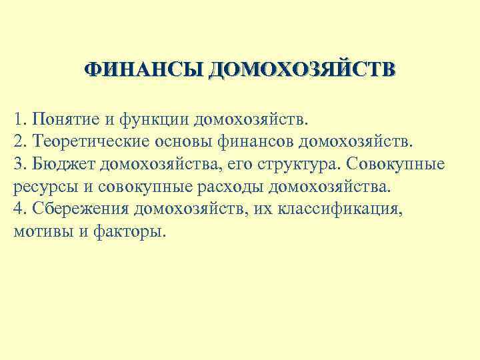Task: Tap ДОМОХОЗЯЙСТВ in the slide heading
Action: [301, 70]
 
